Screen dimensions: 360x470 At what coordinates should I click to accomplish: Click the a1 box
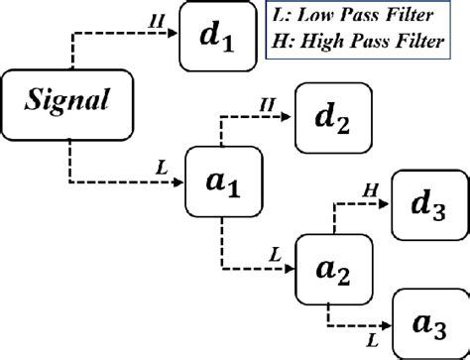pos(221,182)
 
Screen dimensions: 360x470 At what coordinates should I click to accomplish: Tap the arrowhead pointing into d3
pos(388,202)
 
